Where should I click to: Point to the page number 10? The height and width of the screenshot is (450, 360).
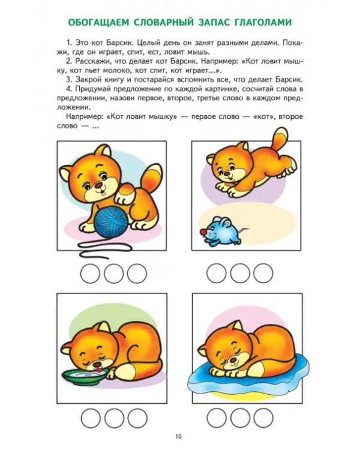(x=178, y=437)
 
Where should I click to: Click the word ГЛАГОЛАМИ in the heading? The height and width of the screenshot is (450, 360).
(x=263, y=22)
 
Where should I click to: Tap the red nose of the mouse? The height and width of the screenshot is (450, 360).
(x=203, y=232)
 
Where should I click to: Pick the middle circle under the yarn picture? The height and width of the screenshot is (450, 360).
(x=113, y=274)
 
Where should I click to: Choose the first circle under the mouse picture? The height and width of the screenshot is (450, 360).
(x=217, y=273)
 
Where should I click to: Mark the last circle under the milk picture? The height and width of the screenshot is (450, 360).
(x=137, y=418)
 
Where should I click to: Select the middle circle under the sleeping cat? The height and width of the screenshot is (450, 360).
(x=240, y=418)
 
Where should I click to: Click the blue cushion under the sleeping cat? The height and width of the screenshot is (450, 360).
(x=248, y=378)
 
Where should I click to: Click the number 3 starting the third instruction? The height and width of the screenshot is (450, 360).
(x=69, y=80)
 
